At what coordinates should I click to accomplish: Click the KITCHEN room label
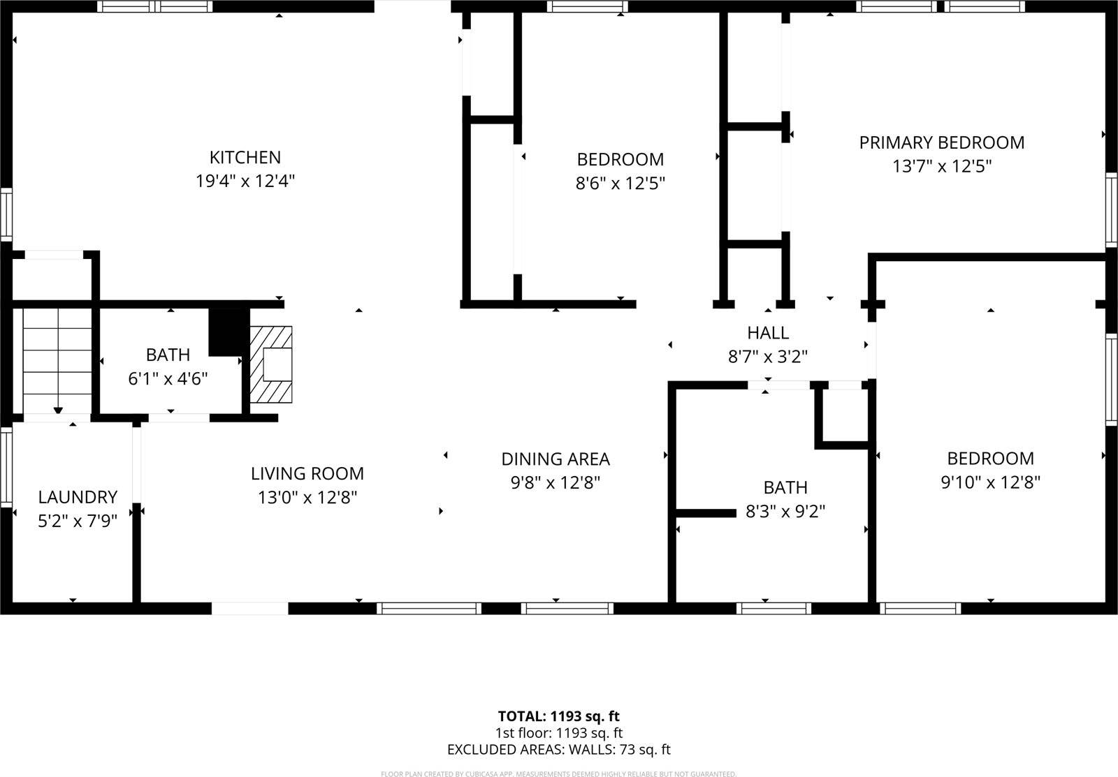pyautogui.click(x=245, y=158)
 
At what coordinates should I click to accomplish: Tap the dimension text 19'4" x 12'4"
pyautogui.click(x=245, y=182)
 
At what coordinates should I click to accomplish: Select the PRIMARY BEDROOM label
pyautogui.click(x=941, y=142)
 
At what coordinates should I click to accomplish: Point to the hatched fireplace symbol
pyautogui.click(x=272, y=364)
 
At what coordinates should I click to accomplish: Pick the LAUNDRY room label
pyautogui.click(x=77, y=497)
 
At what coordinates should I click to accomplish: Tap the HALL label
pyautogui.click(x=768, y=332)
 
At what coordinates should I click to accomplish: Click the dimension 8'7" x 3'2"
pyautogui.click(x=768, y=357)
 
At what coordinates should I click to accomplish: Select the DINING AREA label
pyautogui.click(x=556, y=459)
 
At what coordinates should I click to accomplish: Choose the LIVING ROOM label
pyautogui.click(x=307, y=473)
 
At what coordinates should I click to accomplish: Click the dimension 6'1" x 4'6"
pyautogui.click(x=168, y=379)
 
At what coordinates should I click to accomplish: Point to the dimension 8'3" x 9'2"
pyautogui.click(x=785, y=512)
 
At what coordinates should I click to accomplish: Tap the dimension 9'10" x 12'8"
pyautogui.click(x=990, y=482)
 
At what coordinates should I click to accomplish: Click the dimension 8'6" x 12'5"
pyautogui.click(x=620, y=184)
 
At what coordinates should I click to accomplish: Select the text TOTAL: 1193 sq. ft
pyautogui.click(x=558, y=716)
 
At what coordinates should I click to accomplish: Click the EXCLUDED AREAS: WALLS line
pyautogui.click(x=558, y=750)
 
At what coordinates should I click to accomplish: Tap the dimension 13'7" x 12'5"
pyautogui.click(x=941, y=167)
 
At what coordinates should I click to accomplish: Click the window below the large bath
pyautogui.click(x=774, y=608)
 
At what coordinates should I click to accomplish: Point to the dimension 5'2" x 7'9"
pyautogui.click(x=77, y=521)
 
